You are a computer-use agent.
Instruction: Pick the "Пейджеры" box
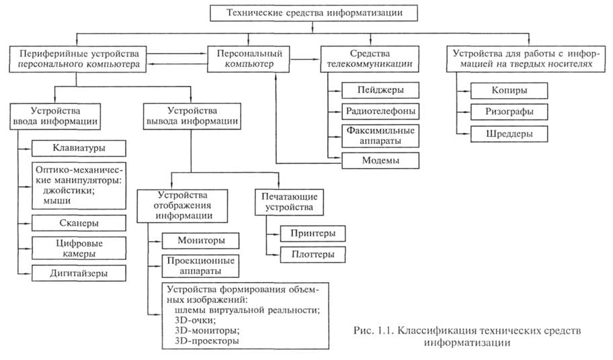point(380,90)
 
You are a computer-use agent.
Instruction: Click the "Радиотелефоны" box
point(380,110)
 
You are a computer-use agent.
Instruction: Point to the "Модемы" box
point(380,161)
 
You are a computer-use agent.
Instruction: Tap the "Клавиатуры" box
point(79,148)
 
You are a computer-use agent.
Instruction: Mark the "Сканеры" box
point(79,222)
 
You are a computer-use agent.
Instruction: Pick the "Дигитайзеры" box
point(79,273)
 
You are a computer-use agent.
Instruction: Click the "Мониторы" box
point(201,240)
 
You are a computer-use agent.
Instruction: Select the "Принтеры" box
point(306,233)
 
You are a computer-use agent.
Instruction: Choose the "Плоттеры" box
point(306,255)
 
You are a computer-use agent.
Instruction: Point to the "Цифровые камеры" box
point(79,248)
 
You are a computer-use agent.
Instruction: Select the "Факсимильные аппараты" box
point(380,136)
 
